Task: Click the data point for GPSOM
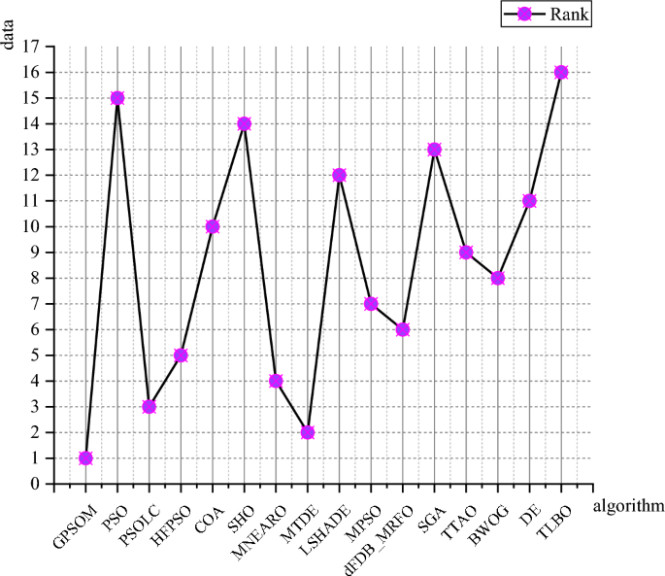point(85,458)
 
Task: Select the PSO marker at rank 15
point(117,98)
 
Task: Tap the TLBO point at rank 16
point(561,72)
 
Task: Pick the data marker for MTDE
point(308,432)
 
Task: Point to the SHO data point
point(244,123)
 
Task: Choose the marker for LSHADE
point(339,175)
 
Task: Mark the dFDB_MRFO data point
point(403,329)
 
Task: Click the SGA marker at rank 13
point(434,150)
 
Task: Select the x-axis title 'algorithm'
point(628,505)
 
